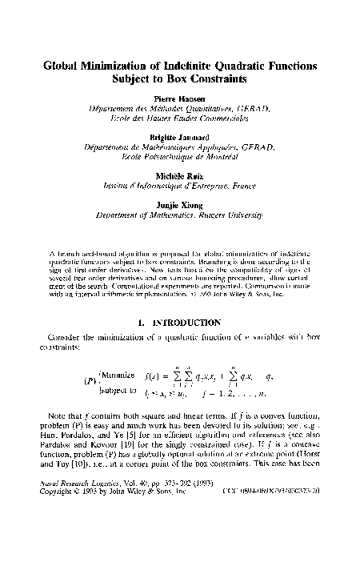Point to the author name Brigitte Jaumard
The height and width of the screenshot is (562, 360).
pyautogui.click(x=179, y=138)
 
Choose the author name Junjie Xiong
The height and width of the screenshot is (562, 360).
pyautogui.click(x=180, y=203)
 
